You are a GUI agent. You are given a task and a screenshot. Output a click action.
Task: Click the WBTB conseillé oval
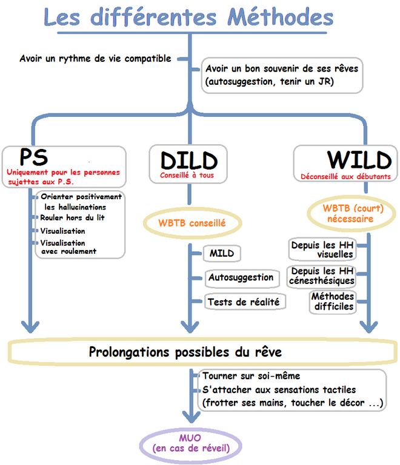pos(192,223)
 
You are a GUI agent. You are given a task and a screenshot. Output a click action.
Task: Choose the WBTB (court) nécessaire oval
pos(348,214)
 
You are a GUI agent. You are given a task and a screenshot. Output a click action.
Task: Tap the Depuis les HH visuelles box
pos(322,250)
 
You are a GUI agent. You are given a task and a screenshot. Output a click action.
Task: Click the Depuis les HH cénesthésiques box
pos(322,275)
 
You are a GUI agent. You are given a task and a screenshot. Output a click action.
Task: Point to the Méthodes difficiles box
pos(333,302)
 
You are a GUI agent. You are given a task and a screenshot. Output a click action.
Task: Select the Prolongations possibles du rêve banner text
pos(185,351)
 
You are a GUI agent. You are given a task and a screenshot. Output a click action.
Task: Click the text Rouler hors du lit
pos(76,217)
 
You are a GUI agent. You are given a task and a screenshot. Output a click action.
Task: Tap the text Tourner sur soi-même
pos(252,376)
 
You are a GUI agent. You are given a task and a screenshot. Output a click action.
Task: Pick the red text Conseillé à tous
pos(187,176)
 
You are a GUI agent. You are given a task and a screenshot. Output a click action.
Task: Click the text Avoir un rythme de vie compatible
pos(95,59)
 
